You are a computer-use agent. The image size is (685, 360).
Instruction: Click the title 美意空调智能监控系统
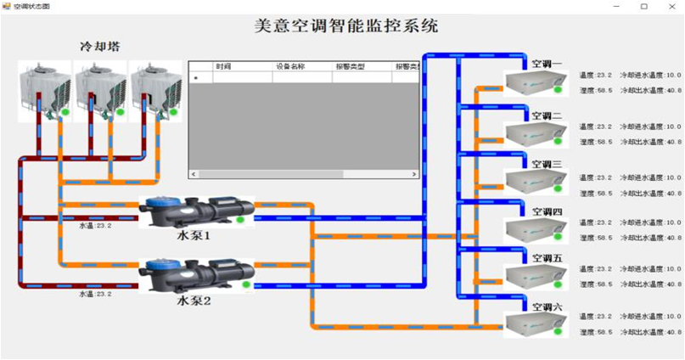(x=347, y=25)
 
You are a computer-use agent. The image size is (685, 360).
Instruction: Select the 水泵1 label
(x=193, y=235)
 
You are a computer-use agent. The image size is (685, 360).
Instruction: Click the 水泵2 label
(x=193, y=300)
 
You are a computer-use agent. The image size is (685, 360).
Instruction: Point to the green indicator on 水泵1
(x=240, y=220)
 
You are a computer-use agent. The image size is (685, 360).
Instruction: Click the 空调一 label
(x=547, y=64)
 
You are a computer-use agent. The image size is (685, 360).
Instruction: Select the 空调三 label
(x=547, y=164)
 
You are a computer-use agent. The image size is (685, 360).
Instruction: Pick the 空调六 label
(x=547, y=307)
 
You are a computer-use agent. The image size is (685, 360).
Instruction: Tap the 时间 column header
(x=223, y=65)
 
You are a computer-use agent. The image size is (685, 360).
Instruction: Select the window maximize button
(x=643, y=6)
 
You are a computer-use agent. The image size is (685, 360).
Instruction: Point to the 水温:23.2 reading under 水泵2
(x=95, y=294)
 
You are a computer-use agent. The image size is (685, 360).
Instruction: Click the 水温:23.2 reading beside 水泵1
(x=95, y=226)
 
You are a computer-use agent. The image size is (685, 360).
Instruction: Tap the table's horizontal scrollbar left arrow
(x=193, y=173)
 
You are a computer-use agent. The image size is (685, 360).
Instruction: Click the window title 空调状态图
(x=31, y=6)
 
